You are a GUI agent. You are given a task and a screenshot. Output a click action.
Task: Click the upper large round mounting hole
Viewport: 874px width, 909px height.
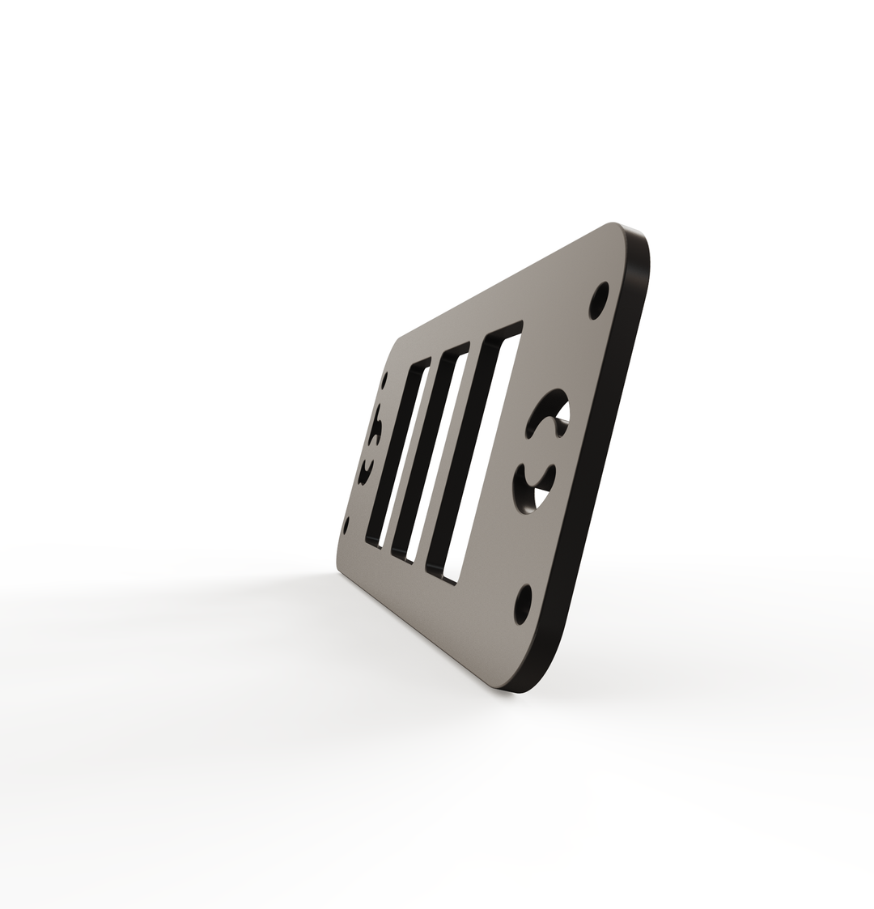coord(599,300)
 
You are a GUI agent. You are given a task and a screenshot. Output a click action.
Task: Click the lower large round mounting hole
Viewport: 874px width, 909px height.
coord(523,604)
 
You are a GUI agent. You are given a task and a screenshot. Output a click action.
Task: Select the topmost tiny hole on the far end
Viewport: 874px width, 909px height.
coord(385,377)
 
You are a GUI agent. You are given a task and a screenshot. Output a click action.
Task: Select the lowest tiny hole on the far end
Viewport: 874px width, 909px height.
coord(347,524)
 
